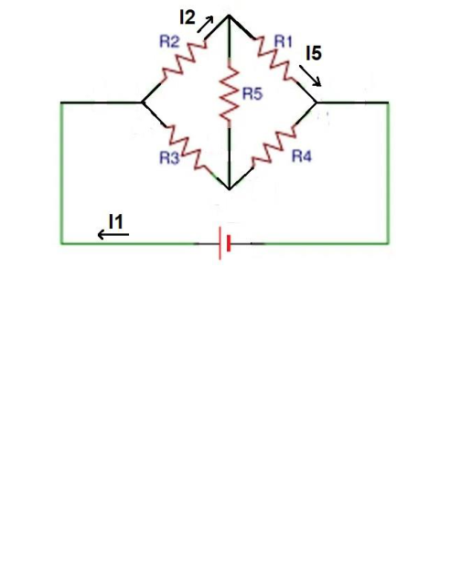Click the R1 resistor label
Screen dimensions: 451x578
[x=284, y=41]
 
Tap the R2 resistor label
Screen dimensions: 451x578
[x=169, y=41]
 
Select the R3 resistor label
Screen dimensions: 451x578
[x=169, y=158]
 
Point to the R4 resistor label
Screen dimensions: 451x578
[x=302, y=156]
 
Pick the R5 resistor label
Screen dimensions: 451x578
[x=252, y=94]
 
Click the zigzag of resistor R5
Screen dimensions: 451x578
[x=229, y=93]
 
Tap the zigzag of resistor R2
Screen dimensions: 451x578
[x=183, y=61]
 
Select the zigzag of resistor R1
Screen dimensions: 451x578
[x=274, y=59]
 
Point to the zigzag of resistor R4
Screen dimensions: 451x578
[x=274, y=147]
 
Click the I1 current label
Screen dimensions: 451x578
[x=116, y=222]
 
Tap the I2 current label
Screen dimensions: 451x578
[x=188, y=17]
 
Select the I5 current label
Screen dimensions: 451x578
[x=314, y=53]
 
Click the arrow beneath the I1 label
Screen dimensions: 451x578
[x=113, y=234]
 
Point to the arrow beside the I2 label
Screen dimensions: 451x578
[x=206, y=25]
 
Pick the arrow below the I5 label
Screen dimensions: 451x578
[x=310, y=76]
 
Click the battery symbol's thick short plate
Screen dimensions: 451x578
[x=229, y=243]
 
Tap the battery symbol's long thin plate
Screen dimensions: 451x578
[x=220, y=243]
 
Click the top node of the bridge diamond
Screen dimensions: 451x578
[x=229, y=16]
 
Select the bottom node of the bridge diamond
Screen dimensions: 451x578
[x=230, y=189]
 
